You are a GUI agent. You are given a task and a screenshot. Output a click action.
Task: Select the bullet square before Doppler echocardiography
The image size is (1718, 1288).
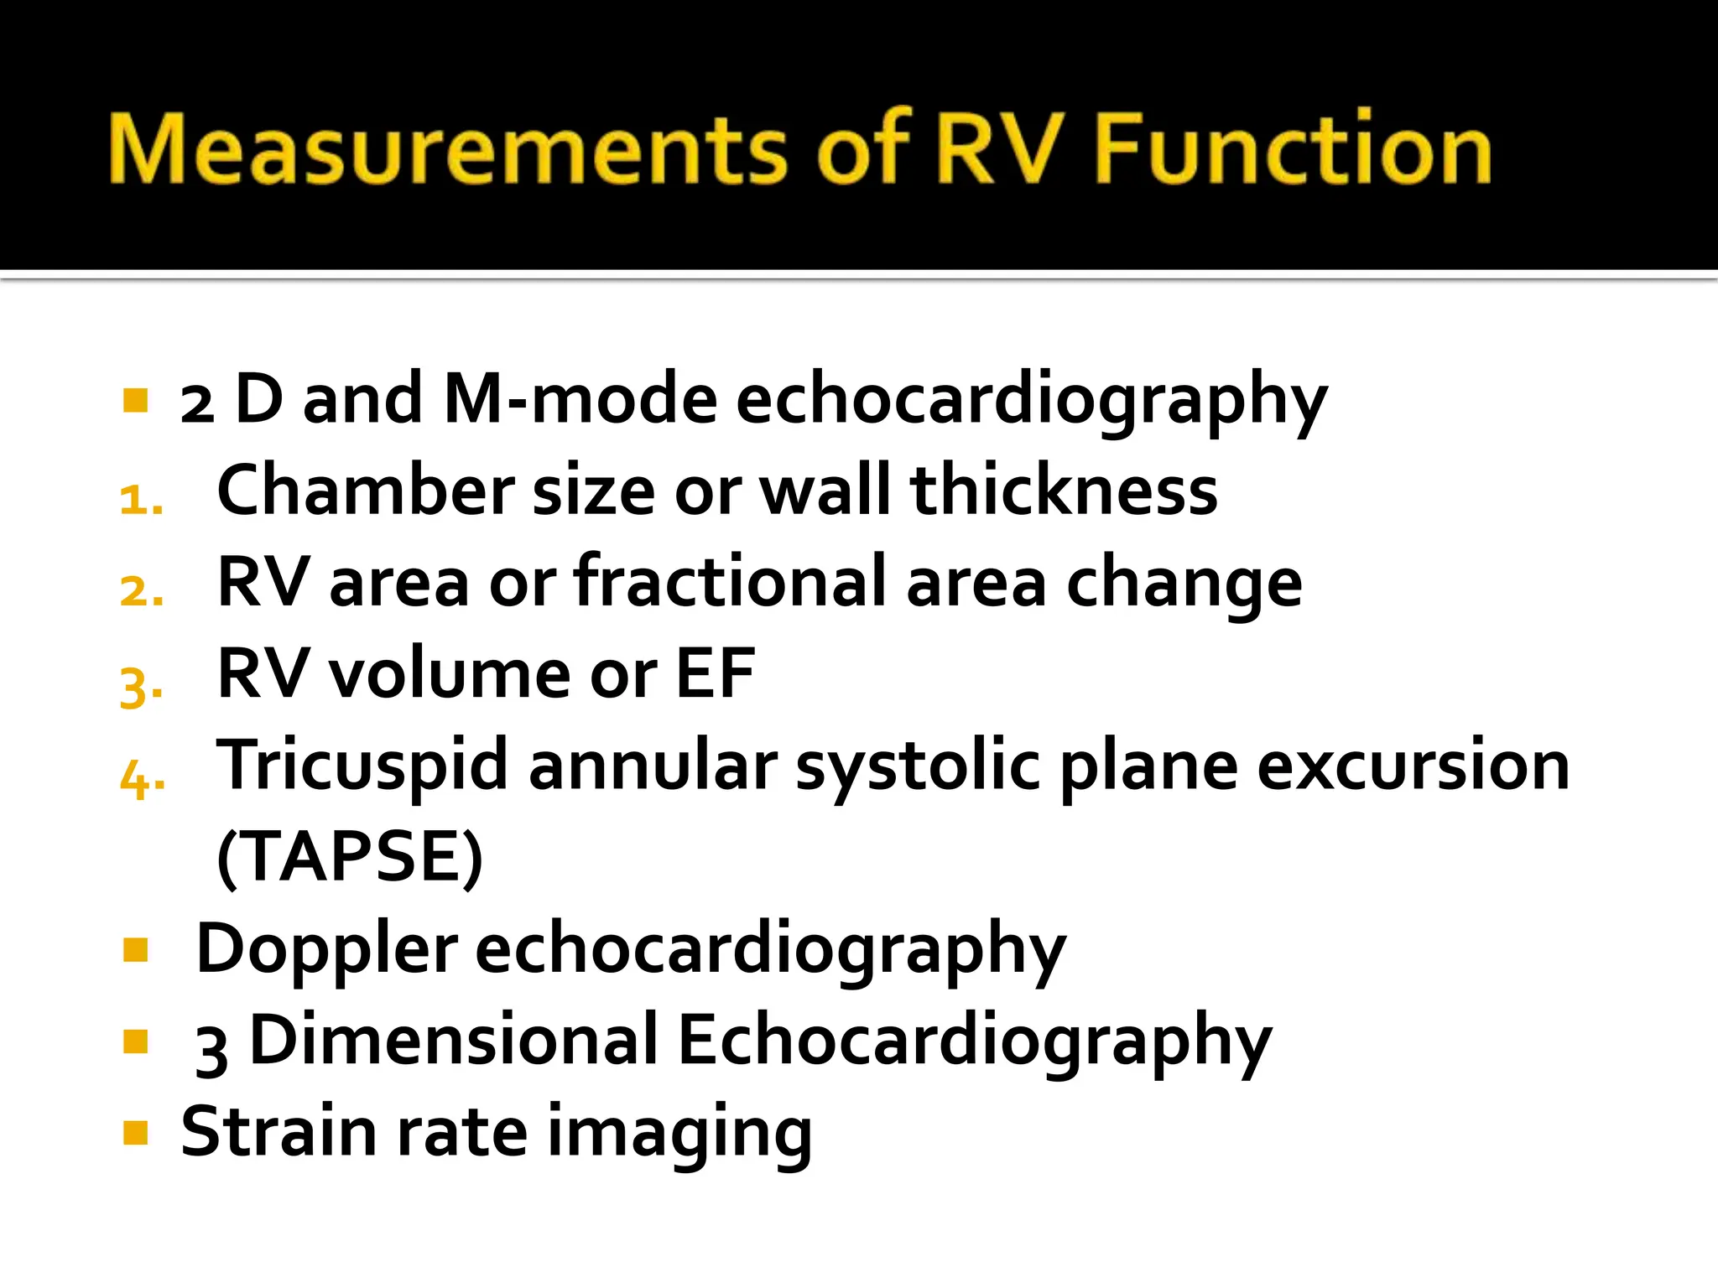pyautogui.click(x=135, y=950)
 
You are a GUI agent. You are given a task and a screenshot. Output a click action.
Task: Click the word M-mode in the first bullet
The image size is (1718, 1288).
pyautogui.click(x=580, y=399)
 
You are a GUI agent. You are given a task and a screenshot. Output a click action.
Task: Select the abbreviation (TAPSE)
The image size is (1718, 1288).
pyautogui.click(x=350, y=857)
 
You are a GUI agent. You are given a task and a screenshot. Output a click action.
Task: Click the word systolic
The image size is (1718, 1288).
pyautogui.click(x=918, y=766)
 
